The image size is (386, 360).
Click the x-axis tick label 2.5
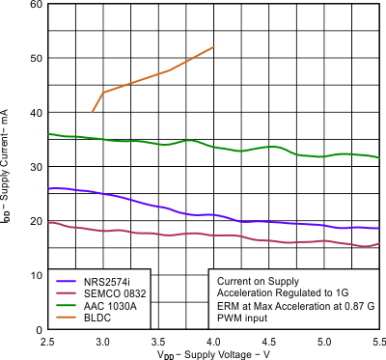point(47,342)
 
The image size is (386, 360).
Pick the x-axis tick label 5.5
point(377,342)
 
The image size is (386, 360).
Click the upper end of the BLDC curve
point(213,47)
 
